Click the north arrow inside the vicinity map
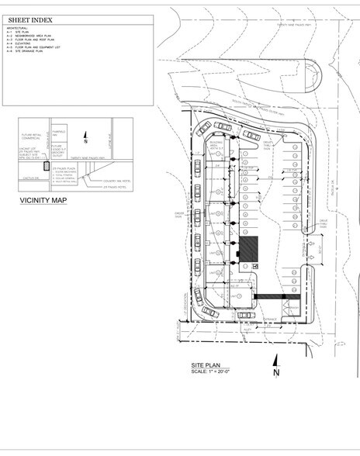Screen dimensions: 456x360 [x=85, y=140]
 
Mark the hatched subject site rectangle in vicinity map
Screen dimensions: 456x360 [x=47, y=166]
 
